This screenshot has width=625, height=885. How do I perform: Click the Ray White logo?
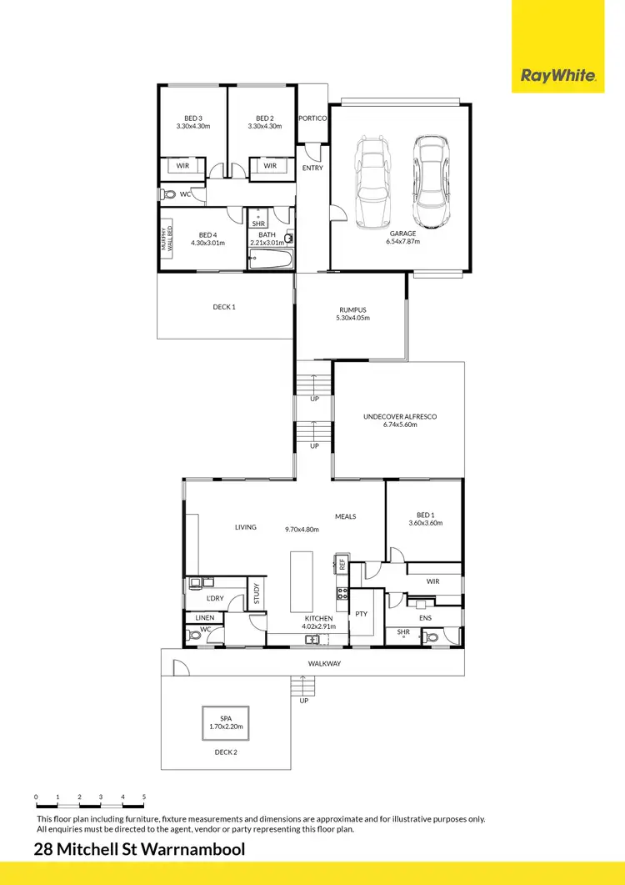(557, 76)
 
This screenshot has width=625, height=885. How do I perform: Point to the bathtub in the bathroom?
(271, 259)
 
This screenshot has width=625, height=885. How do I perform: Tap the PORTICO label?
(312, 118)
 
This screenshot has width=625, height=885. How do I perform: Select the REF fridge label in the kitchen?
(342, 564)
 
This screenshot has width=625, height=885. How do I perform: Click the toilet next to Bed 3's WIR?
(170, 194)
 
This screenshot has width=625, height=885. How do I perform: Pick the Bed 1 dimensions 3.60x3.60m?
(425, 524)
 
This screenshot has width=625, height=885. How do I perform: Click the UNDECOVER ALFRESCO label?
(400, 416)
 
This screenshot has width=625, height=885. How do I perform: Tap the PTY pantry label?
(361, 613)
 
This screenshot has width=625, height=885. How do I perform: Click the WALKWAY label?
(324, 664)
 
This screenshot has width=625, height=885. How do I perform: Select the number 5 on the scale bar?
(144, 797)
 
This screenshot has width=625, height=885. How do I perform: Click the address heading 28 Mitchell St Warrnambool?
(140, 850)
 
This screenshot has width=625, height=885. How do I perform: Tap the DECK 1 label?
(224, 307)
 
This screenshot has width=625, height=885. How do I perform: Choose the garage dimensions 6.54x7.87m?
(402, 241)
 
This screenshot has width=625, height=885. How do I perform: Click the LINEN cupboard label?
(205, 618)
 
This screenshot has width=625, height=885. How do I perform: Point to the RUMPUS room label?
(352, 310)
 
